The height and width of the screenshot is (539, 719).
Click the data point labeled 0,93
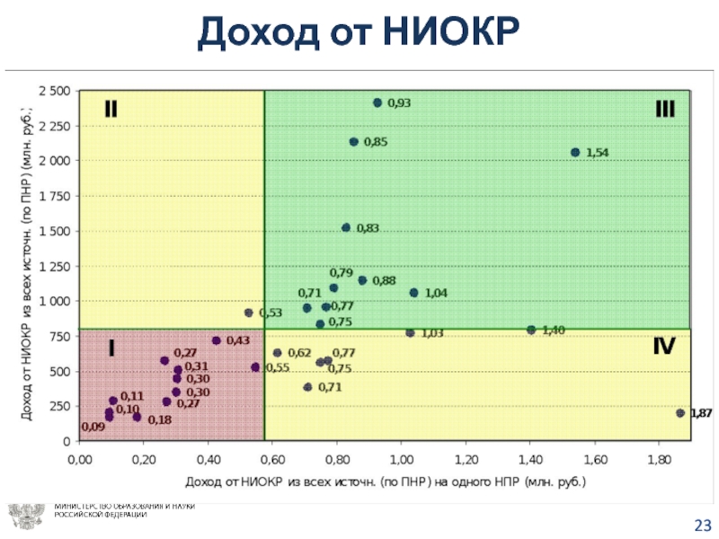[x=377, y=103]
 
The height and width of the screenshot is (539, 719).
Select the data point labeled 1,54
[x=575, y=153]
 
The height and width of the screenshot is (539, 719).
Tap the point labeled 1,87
[x=679, y=413]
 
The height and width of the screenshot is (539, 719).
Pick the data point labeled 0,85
[x=353, y=142]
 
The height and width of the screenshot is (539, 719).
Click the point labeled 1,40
[x=531, y=330]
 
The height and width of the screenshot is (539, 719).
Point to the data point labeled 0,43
[x=216, y=340]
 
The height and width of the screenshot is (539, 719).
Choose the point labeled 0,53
[x=249, y=313]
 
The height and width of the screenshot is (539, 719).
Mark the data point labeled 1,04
[x=413, y=293]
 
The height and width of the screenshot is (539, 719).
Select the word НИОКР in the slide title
[x=453, y=34]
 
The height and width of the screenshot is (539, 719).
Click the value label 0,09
[x=93, y=428]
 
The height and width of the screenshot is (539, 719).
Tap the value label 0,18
[x=159, y=420]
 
